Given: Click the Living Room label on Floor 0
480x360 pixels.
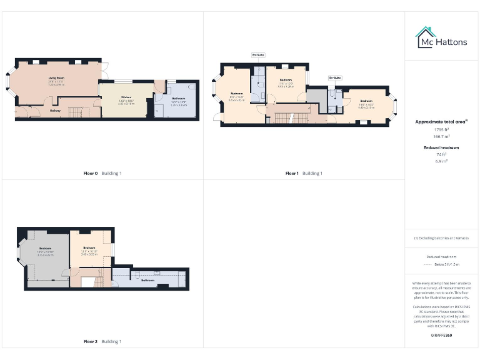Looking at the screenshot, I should (57, 78).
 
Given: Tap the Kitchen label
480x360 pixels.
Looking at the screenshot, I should (126, 97).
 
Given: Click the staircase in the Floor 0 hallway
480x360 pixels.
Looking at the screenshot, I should (74, 112).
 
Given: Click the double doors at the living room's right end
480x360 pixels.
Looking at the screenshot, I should (104, 71).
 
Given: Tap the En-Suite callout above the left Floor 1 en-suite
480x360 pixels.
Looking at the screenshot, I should (258, 55).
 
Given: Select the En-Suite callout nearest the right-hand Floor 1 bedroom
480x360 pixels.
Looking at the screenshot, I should (335, 77).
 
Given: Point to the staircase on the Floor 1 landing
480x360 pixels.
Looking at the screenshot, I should (284, 117).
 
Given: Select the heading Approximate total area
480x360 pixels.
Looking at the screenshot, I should (441, 122).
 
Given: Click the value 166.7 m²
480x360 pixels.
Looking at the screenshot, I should (441, 136).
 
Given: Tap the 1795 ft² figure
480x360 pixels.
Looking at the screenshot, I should (441, 129).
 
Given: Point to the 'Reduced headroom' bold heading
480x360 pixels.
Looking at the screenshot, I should (441, 147).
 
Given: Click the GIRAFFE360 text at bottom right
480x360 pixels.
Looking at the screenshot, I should (441, 336).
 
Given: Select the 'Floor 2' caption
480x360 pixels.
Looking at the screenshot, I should (91, 342).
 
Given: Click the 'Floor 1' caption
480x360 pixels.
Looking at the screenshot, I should (292, 173).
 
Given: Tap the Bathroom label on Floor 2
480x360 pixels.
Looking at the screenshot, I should (147, 281).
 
